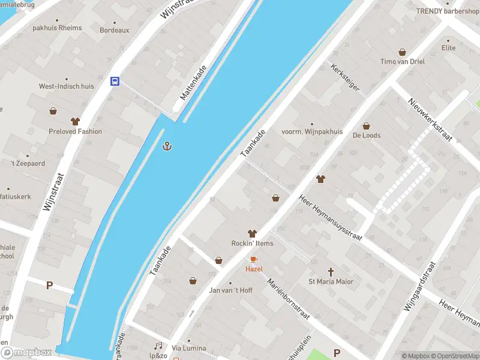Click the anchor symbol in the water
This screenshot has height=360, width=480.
[x=169, y=145]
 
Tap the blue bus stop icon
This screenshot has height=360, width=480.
[x=114, y=82]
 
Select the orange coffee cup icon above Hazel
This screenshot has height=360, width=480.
[x=254, y=259]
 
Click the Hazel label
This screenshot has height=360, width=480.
[x=254, y=269]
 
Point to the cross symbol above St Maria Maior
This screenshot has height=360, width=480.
[x=331, y=272]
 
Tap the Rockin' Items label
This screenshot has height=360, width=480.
[x=252, y=243]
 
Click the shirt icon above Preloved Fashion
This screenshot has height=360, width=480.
[x=76, y=121]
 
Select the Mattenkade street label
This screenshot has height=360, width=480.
[x=193, y=83]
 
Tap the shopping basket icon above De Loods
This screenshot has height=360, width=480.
[x=367, y=126]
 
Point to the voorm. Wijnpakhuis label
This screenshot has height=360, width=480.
[x=312, y=131]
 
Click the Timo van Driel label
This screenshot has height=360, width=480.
[x=402, y=62]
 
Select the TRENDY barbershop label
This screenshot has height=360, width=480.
[x=447, y=11]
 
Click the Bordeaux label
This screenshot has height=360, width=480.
[x=114, y=30]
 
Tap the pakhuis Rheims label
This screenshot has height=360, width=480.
[x=57, y=28]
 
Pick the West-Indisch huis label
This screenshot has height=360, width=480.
[x=67, y=86]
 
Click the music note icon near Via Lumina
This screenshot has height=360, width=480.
[x=158, y=346]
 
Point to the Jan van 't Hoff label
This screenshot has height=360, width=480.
[x=230, y=290]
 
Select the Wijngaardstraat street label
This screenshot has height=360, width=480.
[x=418, y=287]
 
